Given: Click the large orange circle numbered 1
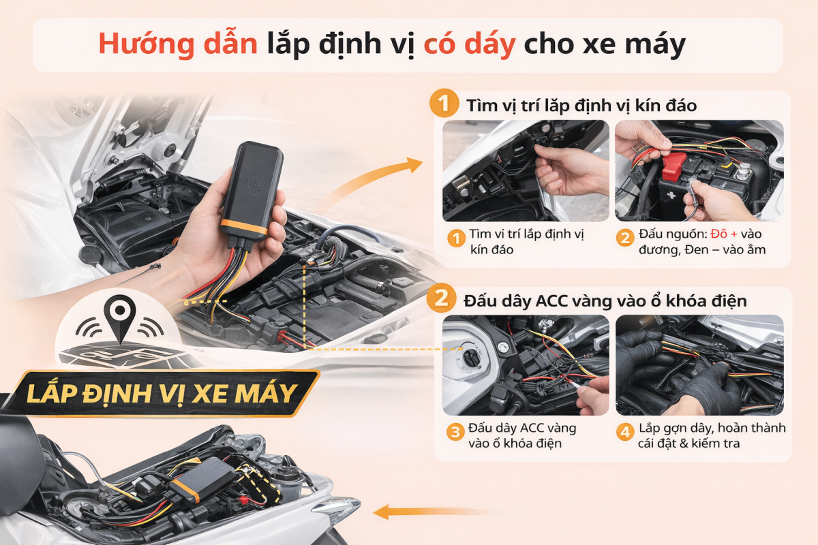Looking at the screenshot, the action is coord(444,103).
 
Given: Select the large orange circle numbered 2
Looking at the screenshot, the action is coord(441,298).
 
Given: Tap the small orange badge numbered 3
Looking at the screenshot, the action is coord(455,432).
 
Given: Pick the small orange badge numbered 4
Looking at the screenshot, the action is coord(625,432).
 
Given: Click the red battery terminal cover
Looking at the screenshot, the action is coord(673,167).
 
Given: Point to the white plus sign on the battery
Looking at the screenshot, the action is coord(671,195).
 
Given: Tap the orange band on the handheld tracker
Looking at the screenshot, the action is coord(243,228).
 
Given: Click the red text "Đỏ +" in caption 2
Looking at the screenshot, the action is coord(724,234).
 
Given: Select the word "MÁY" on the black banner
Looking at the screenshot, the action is coord(266,394).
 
